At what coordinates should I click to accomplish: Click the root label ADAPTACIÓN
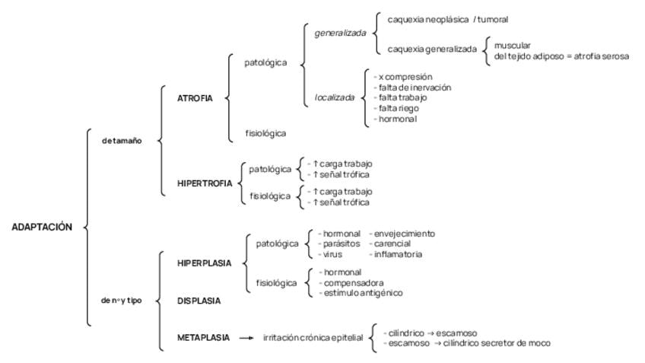42,227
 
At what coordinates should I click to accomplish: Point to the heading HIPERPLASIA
199,263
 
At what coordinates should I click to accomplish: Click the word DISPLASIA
199,301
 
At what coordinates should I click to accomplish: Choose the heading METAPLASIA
202,338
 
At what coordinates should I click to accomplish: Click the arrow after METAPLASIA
246,339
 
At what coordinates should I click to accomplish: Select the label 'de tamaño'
122,140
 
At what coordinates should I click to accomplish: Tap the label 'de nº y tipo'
121,300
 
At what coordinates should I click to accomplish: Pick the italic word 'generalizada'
340,33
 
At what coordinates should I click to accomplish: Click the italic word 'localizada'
335,98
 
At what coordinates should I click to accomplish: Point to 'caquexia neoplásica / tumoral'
447,18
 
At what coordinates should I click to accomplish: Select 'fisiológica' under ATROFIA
265,133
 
